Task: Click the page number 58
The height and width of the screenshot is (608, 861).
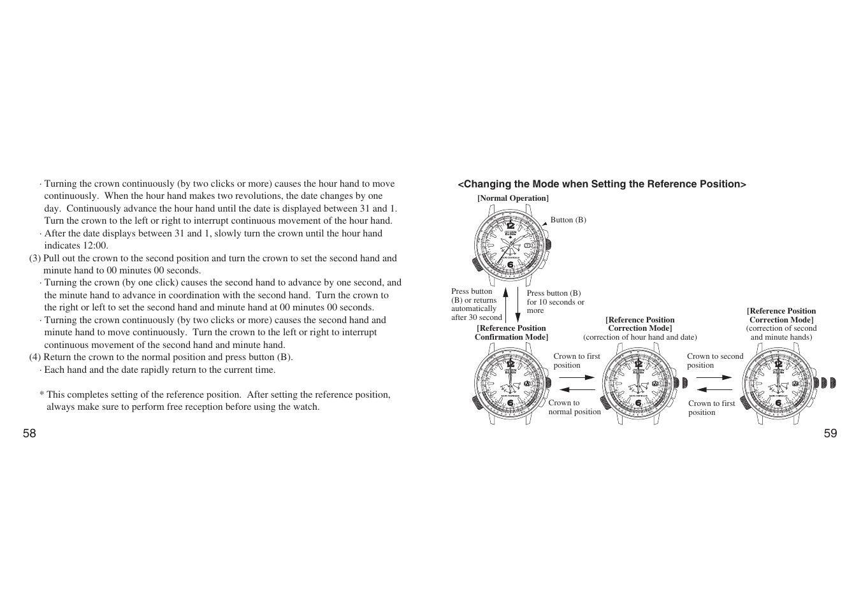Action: [x=29, y=433]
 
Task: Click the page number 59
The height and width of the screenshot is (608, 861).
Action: [x=830, y=433]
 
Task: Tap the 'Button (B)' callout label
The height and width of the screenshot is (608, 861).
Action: [x=568, y=220]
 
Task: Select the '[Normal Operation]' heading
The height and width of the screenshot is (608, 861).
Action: [x=513, y=198]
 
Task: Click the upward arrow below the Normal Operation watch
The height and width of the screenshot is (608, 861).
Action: [x=505, y=303]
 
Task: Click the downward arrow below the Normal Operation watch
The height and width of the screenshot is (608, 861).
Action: [x=518, y=303]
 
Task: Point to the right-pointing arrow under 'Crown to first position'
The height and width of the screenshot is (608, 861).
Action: [x=577, y=377]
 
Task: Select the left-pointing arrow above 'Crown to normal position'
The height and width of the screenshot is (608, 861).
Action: [x=577, y=390]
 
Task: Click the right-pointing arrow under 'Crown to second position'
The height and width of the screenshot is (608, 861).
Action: [x=714, y=377]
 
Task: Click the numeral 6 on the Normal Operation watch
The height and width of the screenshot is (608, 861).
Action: [x=510, y=264]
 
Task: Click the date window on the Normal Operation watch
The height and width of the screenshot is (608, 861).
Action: [x=528, y=245]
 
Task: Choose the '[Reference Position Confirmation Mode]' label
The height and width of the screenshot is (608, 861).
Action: [x=511, y=333]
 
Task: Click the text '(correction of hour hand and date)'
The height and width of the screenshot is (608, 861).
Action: [x=640, y=337]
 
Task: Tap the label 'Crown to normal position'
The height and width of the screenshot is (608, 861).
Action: [x=574, y=407]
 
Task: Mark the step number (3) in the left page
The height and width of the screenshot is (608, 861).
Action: [x=35, y=258]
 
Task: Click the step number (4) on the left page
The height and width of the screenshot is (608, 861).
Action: [x=35, y=357]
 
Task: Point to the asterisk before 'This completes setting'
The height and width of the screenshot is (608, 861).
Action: [x=41, y=395]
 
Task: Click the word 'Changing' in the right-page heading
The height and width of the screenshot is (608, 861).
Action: [x=484, y=184]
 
